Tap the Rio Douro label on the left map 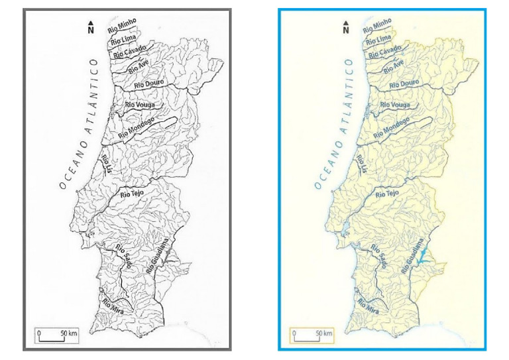[x=149, y=84]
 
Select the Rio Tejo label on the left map [x=132, y=194]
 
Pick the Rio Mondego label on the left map [x=137, y=129]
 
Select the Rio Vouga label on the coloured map [x=395, y=105]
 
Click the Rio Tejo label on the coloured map [x=387, y=194]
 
